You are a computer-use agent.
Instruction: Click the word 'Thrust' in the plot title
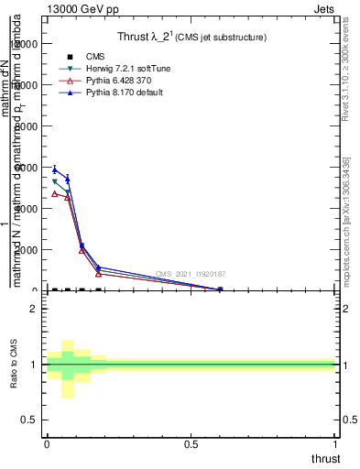tap(136, 38)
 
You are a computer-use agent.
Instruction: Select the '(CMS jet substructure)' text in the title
tap(222, 38)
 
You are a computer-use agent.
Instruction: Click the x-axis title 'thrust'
tap(324, 458)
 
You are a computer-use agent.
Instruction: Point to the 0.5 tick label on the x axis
tap(191, 443)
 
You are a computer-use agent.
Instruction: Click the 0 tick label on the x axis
tap(47, 443)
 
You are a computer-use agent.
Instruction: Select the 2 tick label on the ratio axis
tap(32, 309)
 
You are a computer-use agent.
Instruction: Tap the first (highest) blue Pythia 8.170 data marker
tap(54, 169)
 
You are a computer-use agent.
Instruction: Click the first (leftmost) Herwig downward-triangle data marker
tap(54, 181)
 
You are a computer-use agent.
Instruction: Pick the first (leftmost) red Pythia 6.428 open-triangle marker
tap(54, 193)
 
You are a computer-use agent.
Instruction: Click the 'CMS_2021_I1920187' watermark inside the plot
tap(190, 274)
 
